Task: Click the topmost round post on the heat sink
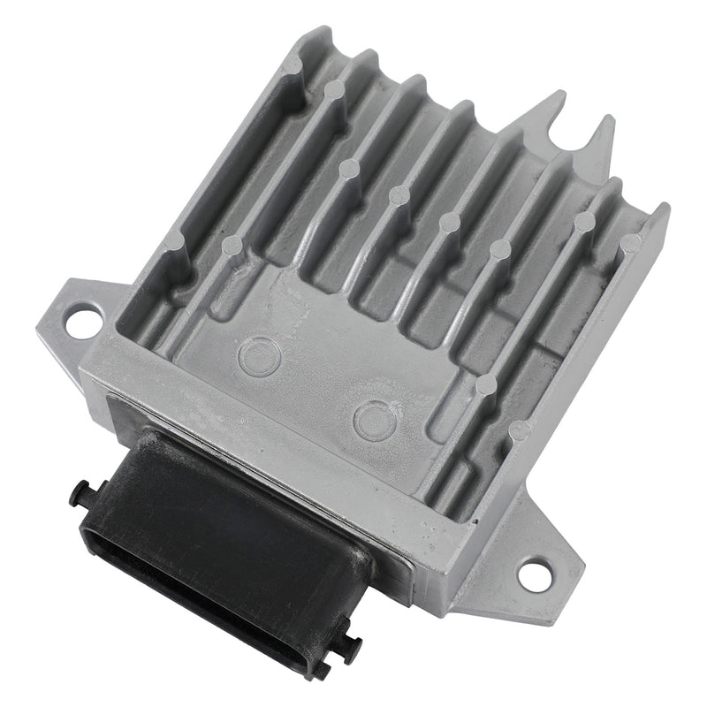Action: point(334,88)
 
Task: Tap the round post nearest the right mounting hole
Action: point(521,430)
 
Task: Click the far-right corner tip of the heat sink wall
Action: point(665,210)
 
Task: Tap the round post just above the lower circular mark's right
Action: point(485,384)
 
